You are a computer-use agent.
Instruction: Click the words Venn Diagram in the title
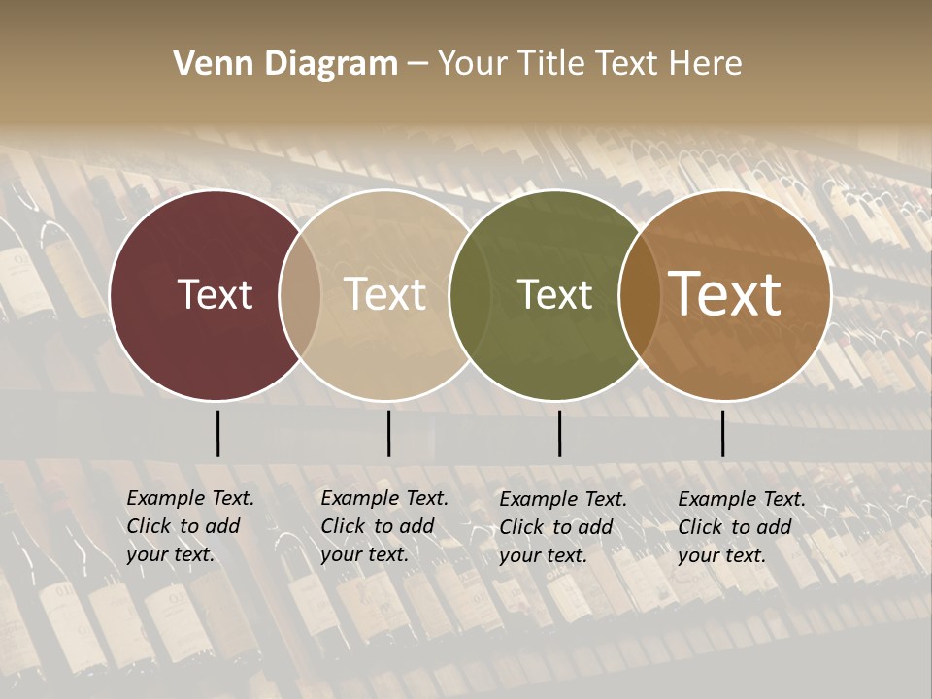(x=284, y=64)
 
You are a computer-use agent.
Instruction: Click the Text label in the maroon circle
(x=215, y=294)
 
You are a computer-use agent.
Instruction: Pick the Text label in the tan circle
(x=384, y=294)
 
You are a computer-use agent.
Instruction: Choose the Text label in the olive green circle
(x=554, y=294)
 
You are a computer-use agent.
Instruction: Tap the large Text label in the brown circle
(x=725, y=294)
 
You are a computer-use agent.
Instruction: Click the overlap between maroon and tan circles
(x=300, y=294)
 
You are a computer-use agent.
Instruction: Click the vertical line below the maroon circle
(x=217, y=433)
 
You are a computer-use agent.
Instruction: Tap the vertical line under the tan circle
(x=388, y=433)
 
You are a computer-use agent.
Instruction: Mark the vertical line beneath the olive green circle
(x=559, y=433)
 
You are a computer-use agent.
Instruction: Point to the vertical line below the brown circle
(x=722, y=433)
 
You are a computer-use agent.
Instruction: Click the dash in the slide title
(x=417, y=65)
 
